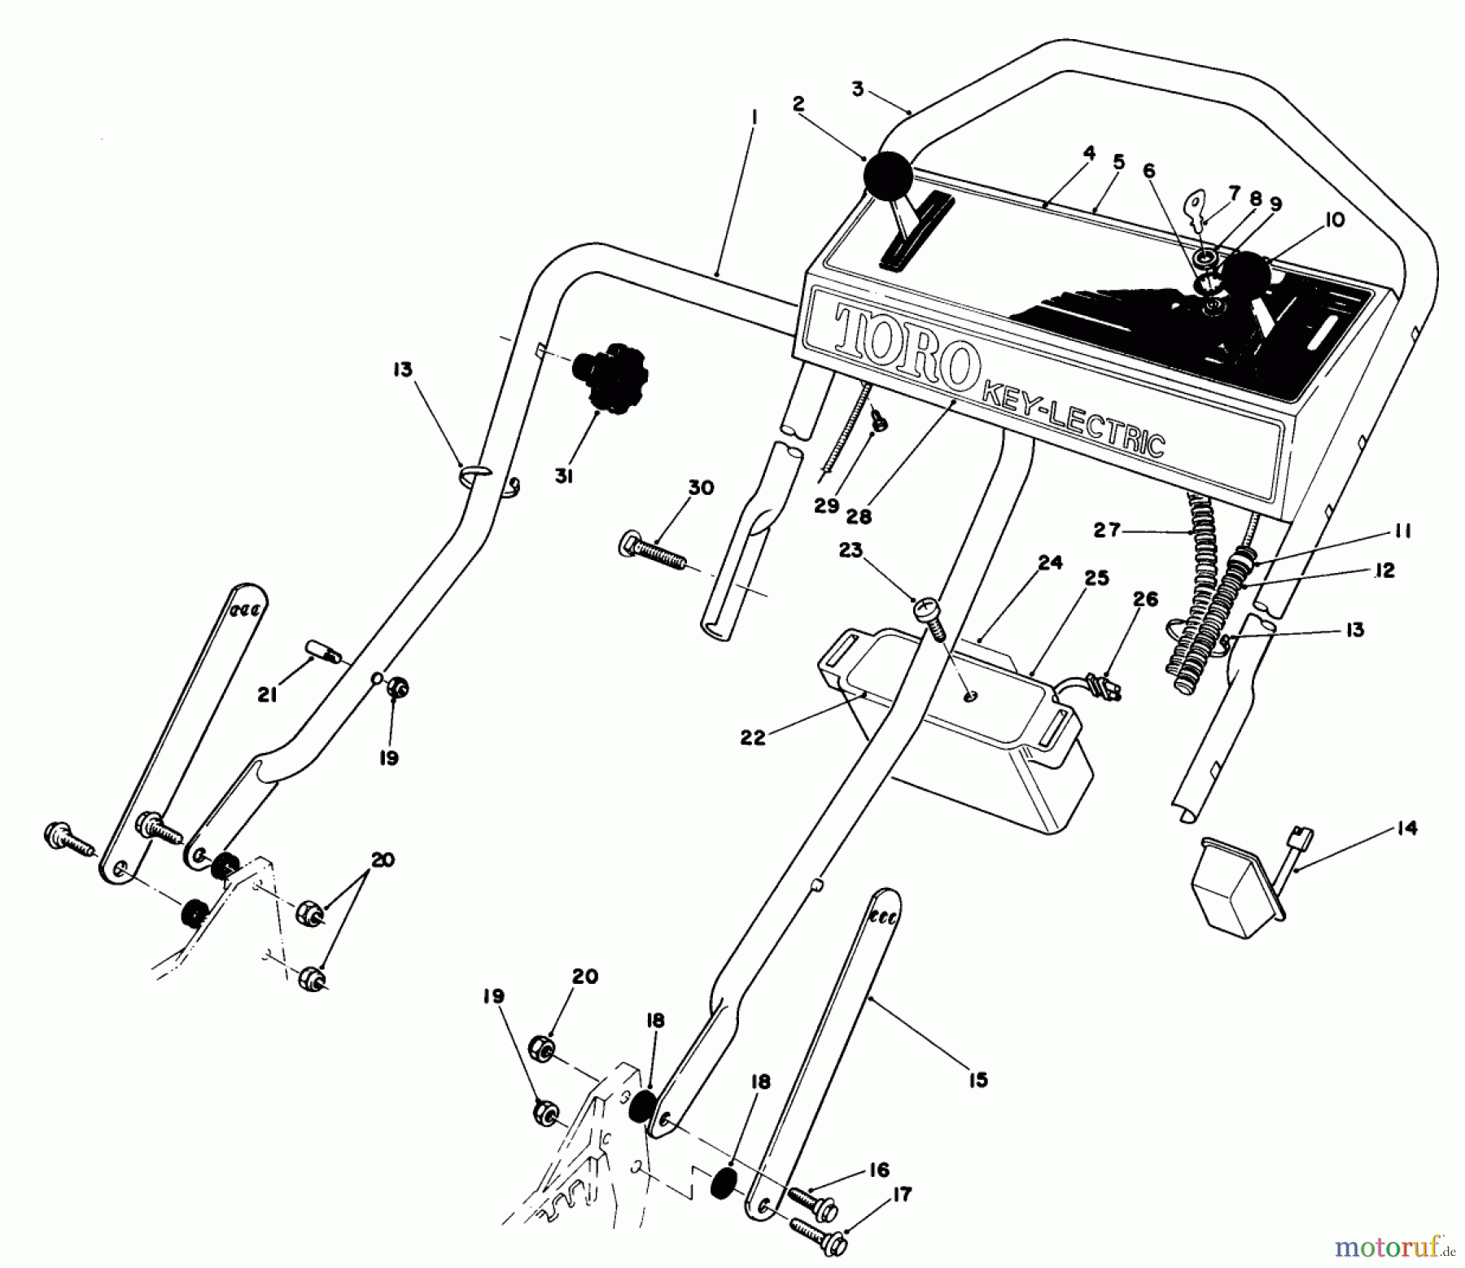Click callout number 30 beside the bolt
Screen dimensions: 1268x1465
701,488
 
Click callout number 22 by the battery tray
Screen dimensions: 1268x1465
753,738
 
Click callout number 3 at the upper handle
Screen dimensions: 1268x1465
857,90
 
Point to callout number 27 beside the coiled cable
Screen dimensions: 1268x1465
1106,531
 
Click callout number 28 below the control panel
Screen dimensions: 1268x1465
859,516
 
